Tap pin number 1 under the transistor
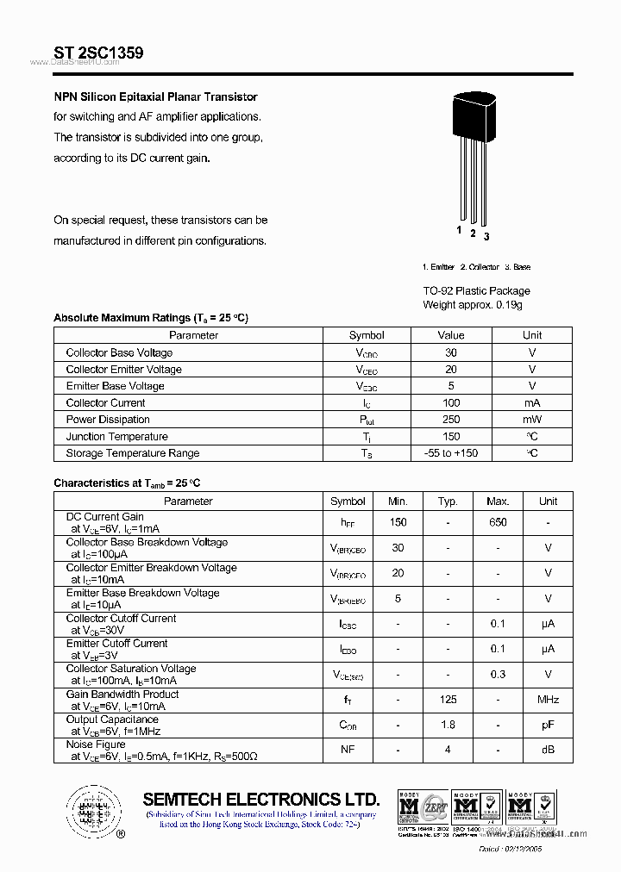pos(460,231)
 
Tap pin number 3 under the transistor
pos(486,236)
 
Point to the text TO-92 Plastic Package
pos(476,291)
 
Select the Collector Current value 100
pos(451,403)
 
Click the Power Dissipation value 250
pos(451,420)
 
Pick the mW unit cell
pos(532,420)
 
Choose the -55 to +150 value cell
pos(451,453)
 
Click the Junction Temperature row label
pos(117,437)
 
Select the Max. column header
pos(498,501)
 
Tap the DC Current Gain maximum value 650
pos(498,522)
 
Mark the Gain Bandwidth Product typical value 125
pos(448,700)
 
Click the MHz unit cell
pos(548,700)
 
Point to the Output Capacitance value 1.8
pos(448,725)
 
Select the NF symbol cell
pos(348,750)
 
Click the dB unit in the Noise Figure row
pos(548,750)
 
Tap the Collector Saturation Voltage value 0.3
pos(498,675)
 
